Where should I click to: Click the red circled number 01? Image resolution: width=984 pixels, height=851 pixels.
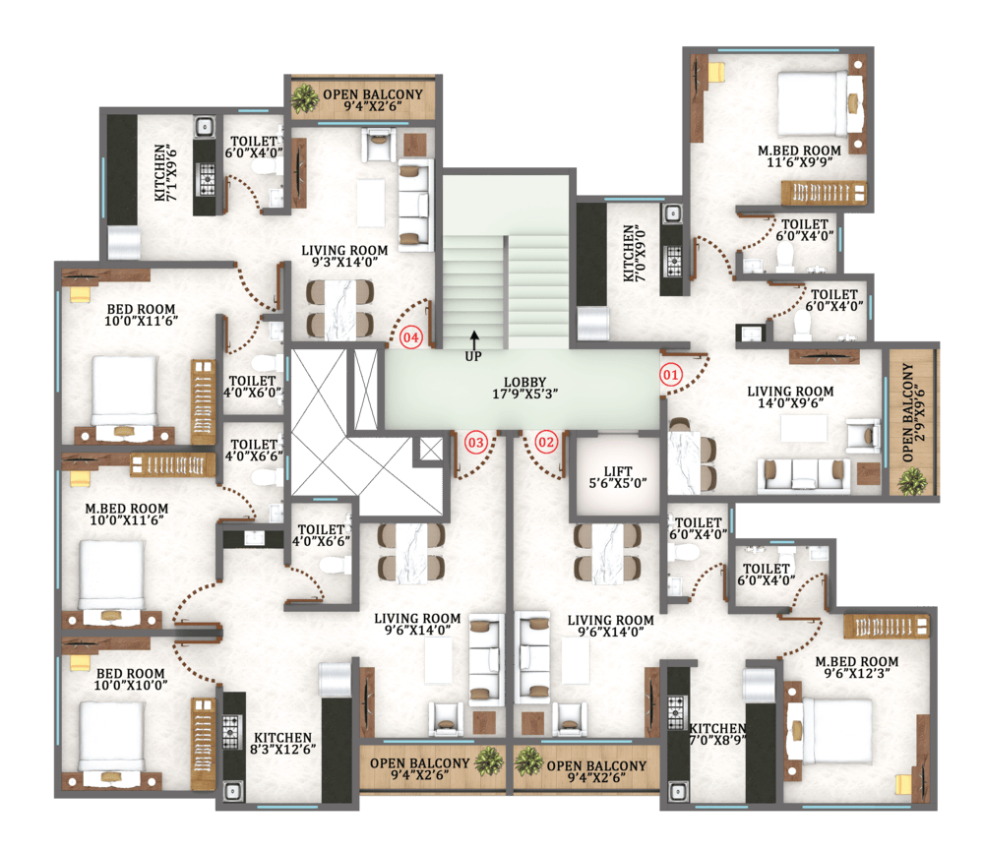click(x=670, y=375)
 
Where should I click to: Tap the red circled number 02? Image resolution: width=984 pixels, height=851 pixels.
click(x=546, y=443)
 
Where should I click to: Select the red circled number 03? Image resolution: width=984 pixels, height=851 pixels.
click(x=475, y=443)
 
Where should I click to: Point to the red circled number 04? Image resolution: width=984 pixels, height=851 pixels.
click(x=411, y=337)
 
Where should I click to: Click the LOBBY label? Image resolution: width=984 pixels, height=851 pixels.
click(x=525, y=388)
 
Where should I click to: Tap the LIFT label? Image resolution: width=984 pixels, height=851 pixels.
click(x=618, y=477)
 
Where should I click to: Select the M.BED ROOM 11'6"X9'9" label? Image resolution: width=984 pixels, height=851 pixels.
click(x=799, y=156)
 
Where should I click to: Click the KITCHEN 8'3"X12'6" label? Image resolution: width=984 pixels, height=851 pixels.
click(x=283, y=743)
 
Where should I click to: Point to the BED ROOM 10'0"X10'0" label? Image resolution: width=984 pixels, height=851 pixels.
click(x=131, y=679)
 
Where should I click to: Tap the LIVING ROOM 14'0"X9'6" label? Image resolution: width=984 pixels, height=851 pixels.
click(x=790, y=397)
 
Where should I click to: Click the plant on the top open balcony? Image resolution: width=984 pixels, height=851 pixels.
click(x=305, y=98)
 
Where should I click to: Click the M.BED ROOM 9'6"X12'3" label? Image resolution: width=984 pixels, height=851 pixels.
click(x=857, y=667)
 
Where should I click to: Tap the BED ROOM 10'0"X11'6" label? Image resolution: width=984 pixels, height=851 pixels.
click(x=141, y=315)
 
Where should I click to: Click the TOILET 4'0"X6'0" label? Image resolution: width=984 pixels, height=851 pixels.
click(x=252, y=387)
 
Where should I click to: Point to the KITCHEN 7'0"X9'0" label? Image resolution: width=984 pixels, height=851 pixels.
click(x=635, y=253)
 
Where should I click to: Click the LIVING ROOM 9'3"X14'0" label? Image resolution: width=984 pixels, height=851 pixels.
click(x=344, y=256)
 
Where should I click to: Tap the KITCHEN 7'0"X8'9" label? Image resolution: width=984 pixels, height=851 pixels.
click(x=718, y=734)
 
